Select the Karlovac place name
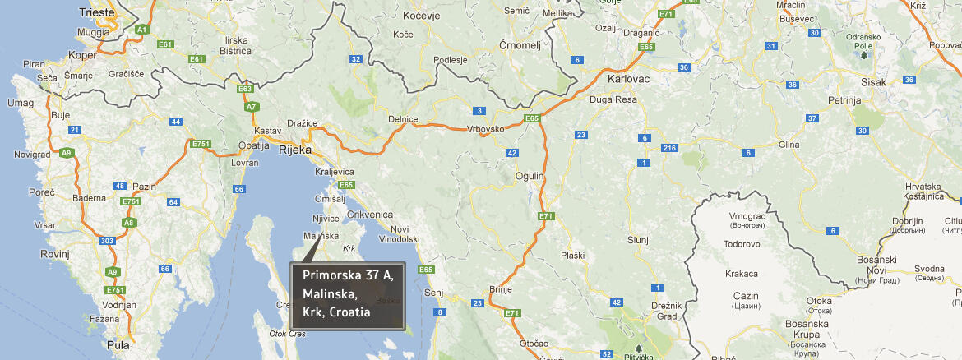coord(628,80)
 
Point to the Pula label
coord(118,345)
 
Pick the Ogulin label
coord(530,176)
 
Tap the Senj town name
coord(433,293)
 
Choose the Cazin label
coord(747,295)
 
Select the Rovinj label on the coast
coord(56,254)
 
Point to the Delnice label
coord(403,119)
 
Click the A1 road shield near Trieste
coord(141,30)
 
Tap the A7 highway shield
coord(252,106)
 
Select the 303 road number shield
coord(105,241)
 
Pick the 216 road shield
coord(668,148)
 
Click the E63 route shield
coord(244,88)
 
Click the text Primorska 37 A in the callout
coord(348,275)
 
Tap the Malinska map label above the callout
coord(321,236)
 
